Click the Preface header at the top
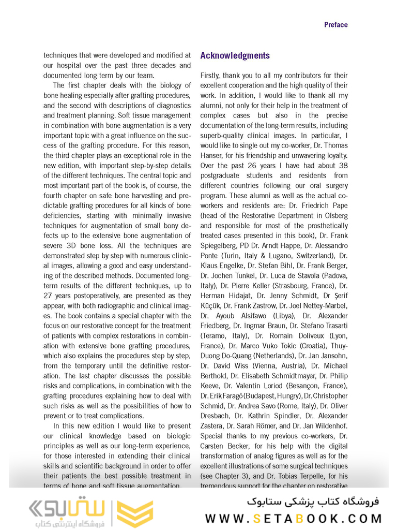[x=335, y=25]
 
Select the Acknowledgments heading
[x=235, y=56]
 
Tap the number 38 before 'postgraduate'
[x=342, y=166]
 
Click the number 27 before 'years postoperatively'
[x=49, y=296]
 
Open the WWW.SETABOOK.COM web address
[x=294, y=519]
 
